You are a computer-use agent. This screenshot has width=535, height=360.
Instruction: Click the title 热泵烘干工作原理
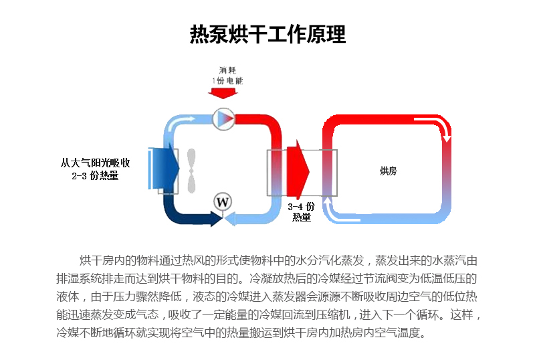point(268,34)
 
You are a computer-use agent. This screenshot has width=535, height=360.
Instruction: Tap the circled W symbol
point(223,202)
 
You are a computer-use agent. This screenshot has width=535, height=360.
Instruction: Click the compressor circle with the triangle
point(223,119)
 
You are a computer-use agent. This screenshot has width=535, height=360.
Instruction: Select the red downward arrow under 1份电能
point(223,93)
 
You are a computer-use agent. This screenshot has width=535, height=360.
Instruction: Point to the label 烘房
point(389,171)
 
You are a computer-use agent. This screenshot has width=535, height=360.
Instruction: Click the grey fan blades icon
point(191,171)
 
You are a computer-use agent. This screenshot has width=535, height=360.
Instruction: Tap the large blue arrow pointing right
point(164,168)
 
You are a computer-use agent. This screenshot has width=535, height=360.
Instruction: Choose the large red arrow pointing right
point(298,169)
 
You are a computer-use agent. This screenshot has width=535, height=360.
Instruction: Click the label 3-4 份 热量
point(302,211)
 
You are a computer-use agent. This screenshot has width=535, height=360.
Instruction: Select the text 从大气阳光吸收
point(96,163)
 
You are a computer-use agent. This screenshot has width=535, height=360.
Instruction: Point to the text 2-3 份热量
point(95,176)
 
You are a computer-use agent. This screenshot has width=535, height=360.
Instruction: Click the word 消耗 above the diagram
point(227,70)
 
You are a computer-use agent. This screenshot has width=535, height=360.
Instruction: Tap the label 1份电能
point(227,80)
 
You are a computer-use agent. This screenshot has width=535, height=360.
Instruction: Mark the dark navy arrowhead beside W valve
point(216,219)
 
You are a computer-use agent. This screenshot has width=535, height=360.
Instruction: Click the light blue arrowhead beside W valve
point(229,219)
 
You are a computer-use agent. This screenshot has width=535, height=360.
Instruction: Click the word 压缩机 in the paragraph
point(333,314)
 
